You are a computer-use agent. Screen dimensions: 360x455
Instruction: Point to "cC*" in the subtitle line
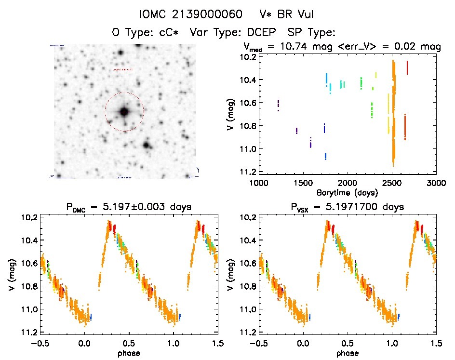click(170, 32)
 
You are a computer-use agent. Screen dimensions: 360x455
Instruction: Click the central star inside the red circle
click(124, 112)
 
